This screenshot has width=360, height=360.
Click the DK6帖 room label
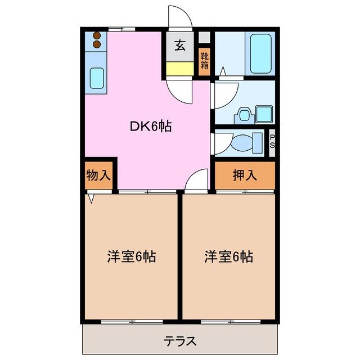coord(151,127)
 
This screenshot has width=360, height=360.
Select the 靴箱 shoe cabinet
coord(204,61)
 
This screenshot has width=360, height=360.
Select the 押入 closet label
coord(245,175)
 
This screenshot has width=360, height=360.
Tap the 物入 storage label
coord(98,175)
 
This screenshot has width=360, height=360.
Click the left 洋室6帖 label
coord(132,257)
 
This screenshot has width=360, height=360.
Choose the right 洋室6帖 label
coord(228,257)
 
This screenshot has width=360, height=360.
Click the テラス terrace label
coord(180,340)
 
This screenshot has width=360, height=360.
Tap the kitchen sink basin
coord(97,78)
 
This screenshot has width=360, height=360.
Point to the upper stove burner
coord(96,36)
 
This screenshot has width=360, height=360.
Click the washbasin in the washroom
coord(244,114)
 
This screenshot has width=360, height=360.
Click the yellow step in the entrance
coord(179,69)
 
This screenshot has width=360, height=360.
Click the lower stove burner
coord(96,44)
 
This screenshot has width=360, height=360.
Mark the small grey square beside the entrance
coord(204,38)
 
